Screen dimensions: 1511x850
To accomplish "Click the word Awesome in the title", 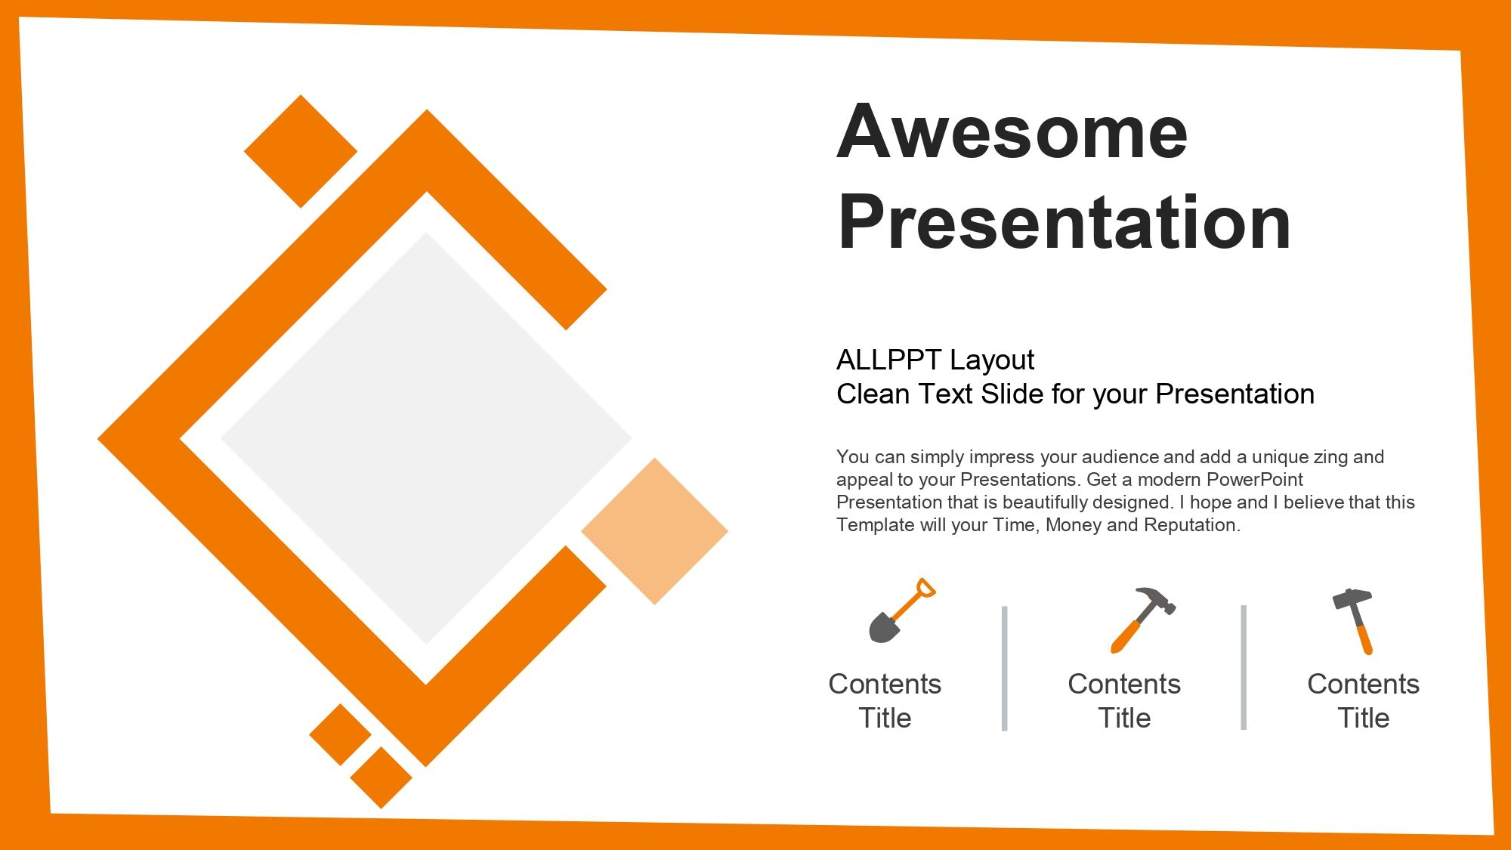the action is [1012, 132].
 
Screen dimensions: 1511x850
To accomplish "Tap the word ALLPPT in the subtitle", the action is [889, 360].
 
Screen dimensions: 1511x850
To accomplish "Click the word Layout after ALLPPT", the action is [992, 361].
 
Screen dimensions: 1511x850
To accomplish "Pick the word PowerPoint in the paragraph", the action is [1255, 479].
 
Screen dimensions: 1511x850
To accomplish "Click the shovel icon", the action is [902, 610].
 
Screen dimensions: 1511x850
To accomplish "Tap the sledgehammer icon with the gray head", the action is [1353, 621].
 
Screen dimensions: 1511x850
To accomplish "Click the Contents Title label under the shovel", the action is [885, 700].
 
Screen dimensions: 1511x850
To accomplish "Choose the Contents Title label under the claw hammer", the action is [1124, 700].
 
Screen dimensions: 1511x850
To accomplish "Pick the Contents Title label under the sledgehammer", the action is [1364, 700].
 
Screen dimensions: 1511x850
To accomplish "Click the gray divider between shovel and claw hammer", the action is [1005, 668].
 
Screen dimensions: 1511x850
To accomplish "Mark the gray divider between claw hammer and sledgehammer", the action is [1244, 667].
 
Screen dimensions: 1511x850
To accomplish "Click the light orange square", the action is [654, 531].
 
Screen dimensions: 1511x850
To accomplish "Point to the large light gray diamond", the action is [426, 438].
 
